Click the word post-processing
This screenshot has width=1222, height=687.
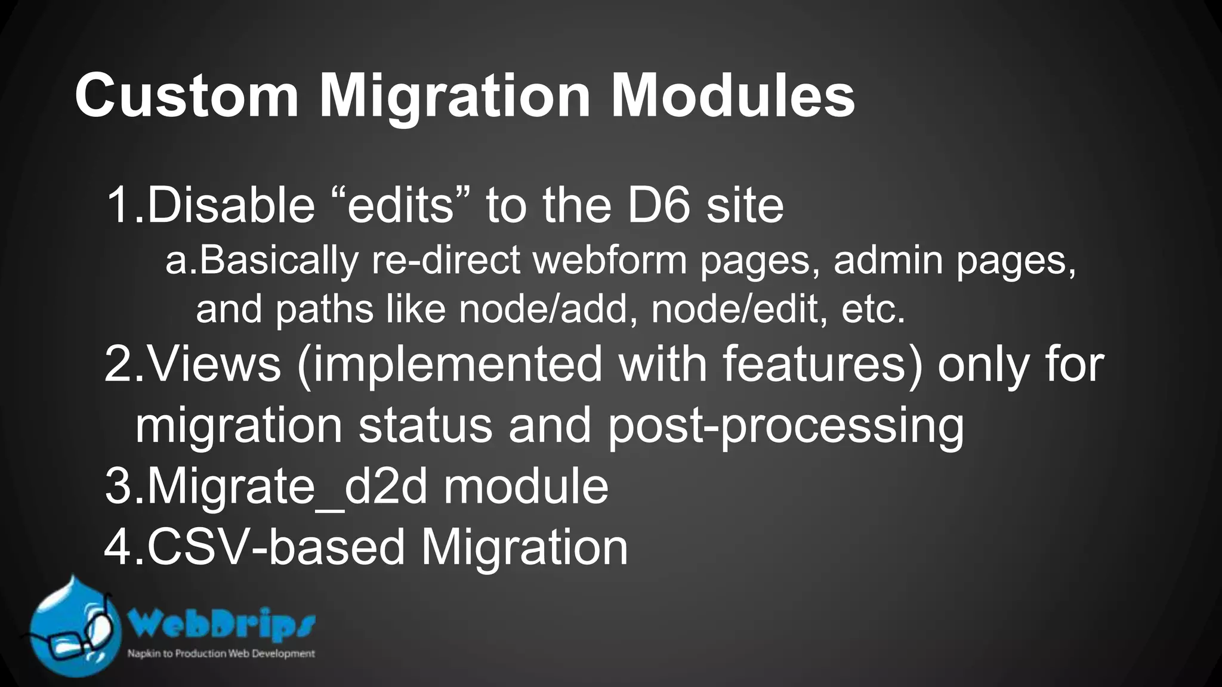point(785,426)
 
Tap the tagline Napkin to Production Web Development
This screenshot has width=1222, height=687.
point(221,654)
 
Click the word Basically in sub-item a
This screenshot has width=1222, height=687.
point(278,261)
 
